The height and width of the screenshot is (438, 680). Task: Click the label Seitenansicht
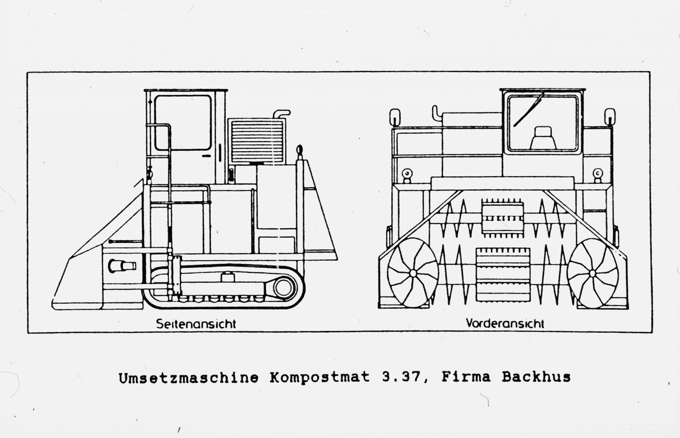[196, 324]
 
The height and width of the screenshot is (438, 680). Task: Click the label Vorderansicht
[505, 323]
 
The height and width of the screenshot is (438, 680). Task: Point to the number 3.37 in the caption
[401, 377]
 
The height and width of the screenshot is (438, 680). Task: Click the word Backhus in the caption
[536, 377]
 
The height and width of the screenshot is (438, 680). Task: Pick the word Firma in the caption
[466, 377]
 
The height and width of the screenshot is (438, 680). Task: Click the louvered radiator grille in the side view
[257, 141]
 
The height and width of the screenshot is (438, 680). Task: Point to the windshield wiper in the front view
[528, 109]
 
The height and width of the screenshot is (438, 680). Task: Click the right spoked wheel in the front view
[592, 273]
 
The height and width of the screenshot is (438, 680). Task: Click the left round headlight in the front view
[407, 173]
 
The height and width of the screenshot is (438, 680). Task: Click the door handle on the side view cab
[207, 156]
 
